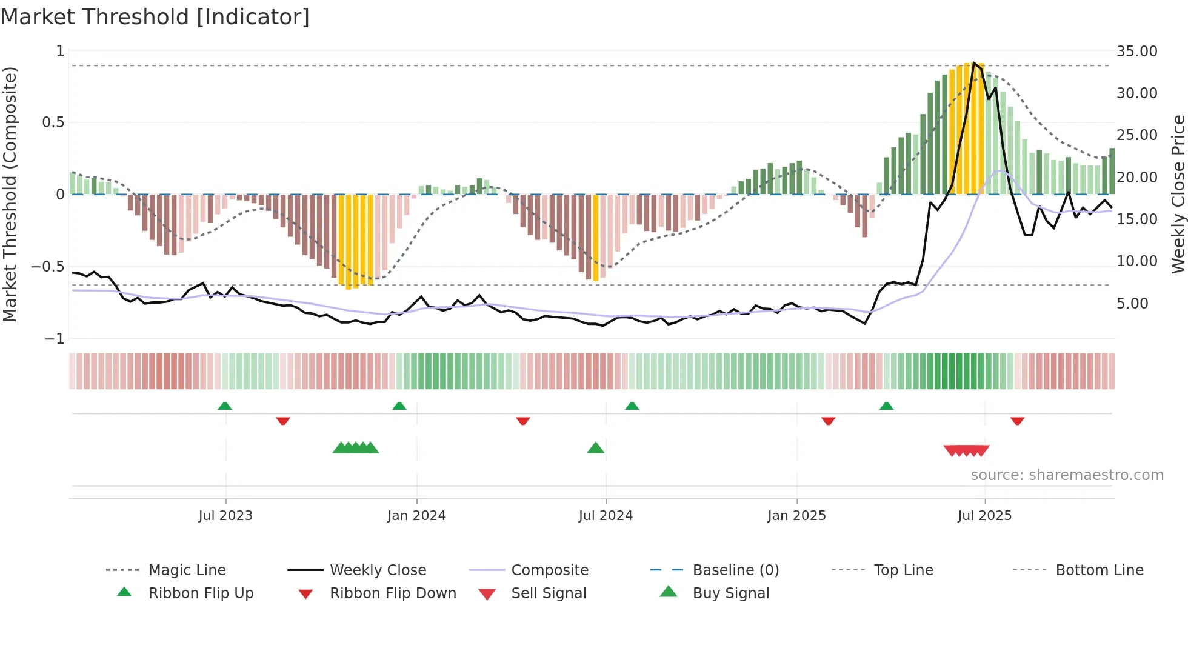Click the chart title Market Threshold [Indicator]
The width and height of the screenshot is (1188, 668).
click(155, 17)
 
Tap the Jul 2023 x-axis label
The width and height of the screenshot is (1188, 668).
click(225, 515)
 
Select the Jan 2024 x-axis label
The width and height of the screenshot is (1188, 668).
click(416, 515)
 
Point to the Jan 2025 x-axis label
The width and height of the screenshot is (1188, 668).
click(796, 515)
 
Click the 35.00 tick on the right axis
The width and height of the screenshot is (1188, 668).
click(1136, 52)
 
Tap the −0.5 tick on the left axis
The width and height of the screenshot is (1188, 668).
click(48, 267)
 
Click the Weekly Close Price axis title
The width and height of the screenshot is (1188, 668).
click(1178, 194)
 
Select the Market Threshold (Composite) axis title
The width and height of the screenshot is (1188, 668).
click(10, 194)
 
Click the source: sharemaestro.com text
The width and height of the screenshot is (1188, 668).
click(1067, 475)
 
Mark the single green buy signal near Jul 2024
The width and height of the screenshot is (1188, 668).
click(596, 448)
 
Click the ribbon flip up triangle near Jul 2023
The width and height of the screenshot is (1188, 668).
click(225, 406)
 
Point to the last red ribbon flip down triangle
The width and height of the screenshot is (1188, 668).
click(1017, 421)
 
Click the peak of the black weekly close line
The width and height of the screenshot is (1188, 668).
click(974, 62)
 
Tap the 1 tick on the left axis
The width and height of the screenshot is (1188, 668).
click(60, 51)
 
